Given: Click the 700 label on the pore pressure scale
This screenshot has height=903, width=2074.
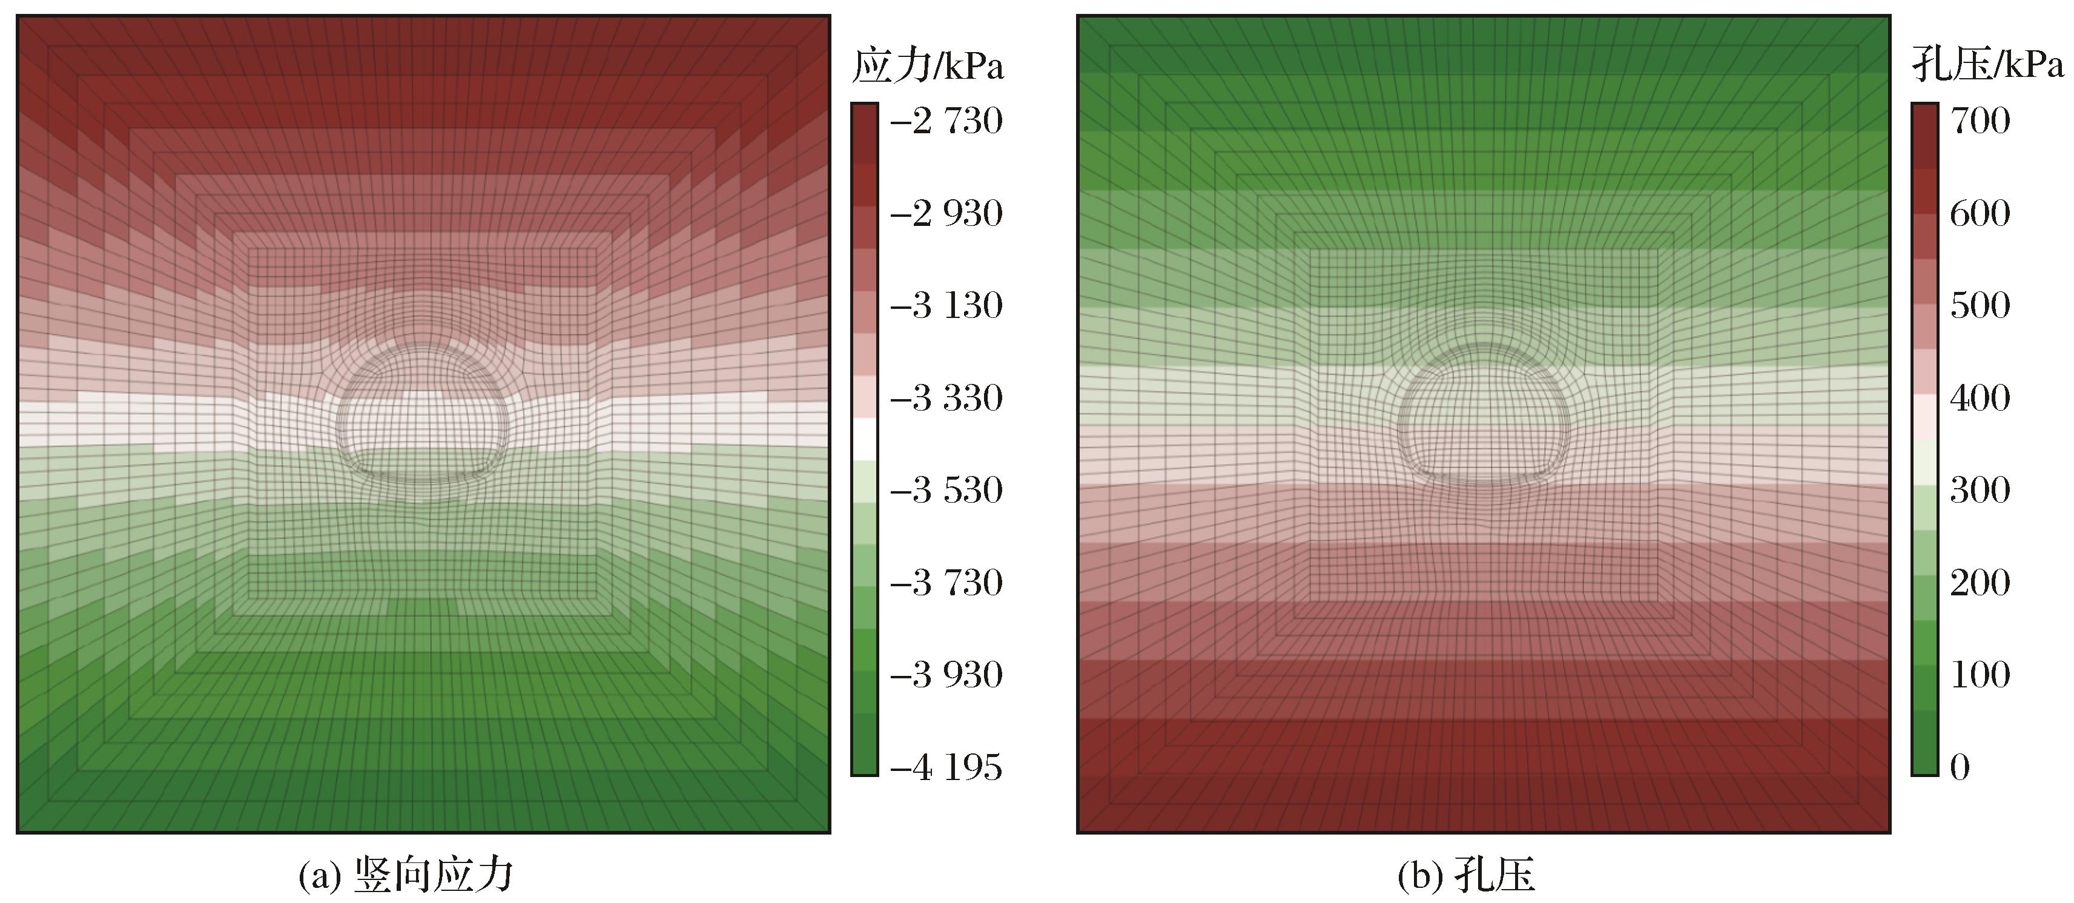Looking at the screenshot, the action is [1980, 121].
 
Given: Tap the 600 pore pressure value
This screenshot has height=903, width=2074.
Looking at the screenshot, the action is [1980, 213].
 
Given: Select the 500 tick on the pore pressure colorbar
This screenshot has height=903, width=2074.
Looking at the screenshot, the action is [1980, 305].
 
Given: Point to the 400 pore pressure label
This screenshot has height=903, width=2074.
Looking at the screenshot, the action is [1980, 398].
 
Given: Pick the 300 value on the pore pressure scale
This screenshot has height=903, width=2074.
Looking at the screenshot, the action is [1980, 490].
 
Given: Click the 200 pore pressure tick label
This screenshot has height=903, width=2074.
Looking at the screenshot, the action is [1980, 583].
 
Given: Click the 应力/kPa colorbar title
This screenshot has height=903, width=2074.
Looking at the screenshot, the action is [928, 65].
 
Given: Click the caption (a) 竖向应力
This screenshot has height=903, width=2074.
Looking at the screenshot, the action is [406, 875].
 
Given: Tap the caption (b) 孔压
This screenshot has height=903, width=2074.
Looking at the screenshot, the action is [1466, 875].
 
